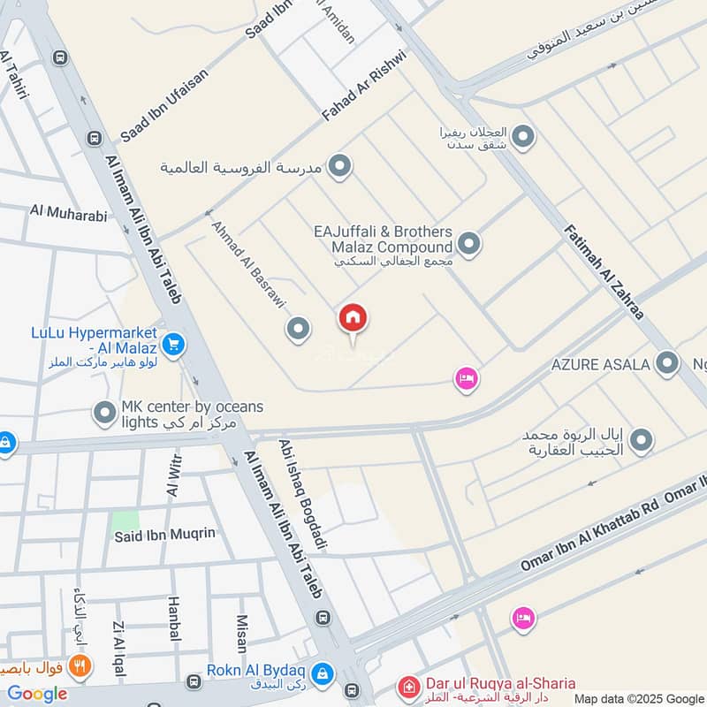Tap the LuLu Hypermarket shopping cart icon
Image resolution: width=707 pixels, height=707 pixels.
pos(173,345)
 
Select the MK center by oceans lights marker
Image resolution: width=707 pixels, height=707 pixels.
pos(105,413)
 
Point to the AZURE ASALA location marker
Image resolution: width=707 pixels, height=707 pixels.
pos(667,363)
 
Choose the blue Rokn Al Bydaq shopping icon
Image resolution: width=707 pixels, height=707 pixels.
pos(323,674)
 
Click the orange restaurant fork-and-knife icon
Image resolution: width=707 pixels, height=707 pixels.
pos(80,667)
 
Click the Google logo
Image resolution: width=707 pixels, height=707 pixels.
pos(37,694)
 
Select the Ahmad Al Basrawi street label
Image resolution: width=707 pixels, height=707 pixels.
pos(248,263)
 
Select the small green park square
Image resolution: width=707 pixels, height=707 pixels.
pos(125,522)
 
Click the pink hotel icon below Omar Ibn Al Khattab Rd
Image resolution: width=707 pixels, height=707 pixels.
pos(523,618)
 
